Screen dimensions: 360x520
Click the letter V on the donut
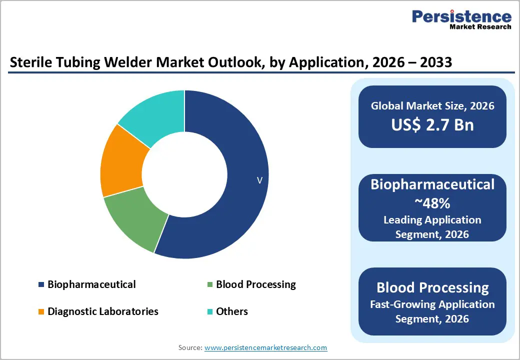[259, 180]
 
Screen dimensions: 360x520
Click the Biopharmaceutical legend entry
[91, 284]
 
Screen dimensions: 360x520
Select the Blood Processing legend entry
[255, 284]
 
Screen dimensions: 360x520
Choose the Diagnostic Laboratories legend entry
[103, 311]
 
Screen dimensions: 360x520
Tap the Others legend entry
[231, 311]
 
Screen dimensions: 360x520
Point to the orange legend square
[41, 312]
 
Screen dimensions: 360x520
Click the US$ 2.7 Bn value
[432, 124]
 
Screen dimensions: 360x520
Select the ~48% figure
[432, 202]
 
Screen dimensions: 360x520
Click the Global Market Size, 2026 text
[432, 105]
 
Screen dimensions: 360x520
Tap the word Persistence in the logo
[461, 16]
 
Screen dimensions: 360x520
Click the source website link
[266, 347]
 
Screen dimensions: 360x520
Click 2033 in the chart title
[434, 62]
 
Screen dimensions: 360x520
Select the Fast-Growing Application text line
[432, 304]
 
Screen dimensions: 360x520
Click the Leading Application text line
[432, 220]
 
